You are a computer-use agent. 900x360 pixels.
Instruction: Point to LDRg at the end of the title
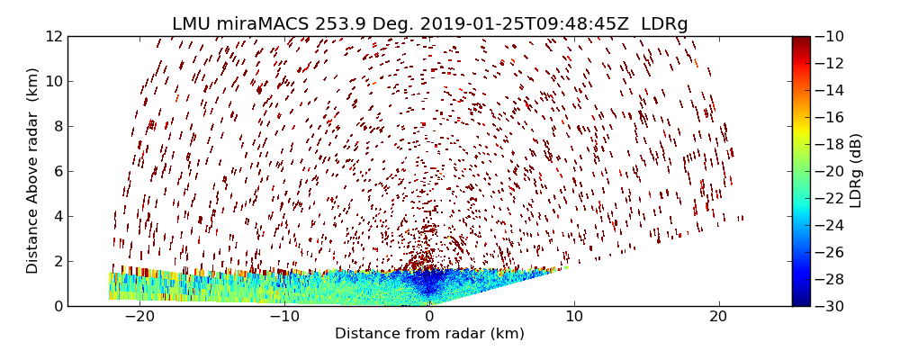click(x=664, y=24)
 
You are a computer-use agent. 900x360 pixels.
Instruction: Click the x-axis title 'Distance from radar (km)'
click(x=429, y=334)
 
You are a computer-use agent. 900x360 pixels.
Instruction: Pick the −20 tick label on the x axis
click(x=139, y=317)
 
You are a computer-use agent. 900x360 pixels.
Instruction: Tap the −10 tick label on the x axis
click(x=284, y=317)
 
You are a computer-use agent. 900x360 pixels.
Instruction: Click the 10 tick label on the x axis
click(x=574, y=317)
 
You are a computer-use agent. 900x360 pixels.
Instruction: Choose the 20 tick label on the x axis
click(x=718, y=317)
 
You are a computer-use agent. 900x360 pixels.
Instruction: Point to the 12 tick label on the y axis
click(x=54, y=36)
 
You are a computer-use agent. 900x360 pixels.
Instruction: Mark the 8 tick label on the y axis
click(x=58, y=126)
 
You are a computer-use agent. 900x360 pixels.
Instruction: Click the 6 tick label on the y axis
click(x=58, y=171)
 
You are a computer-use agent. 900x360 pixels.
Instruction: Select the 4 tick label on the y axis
click(x=58, y=216)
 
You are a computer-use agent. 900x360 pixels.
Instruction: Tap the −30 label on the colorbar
click(x=829, y=306)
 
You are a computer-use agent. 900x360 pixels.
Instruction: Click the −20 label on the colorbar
click(x=829, y=171)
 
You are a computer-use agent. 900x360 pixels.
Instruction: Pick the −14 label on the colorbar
click(x=829, y=90)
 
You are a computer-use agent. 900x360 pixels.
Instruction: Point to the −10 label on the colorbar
click(x=829, y=36)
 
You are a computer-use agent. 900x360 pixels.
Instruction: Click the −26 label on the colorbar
click(x=829, y=252)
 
